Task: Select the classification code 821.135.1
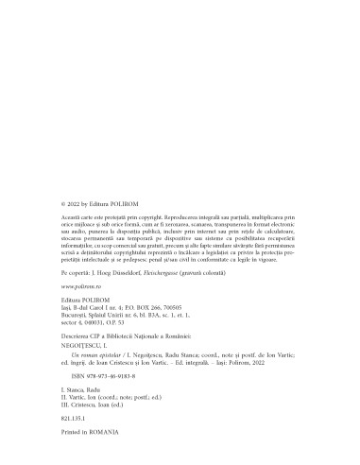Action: point(72,416)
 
